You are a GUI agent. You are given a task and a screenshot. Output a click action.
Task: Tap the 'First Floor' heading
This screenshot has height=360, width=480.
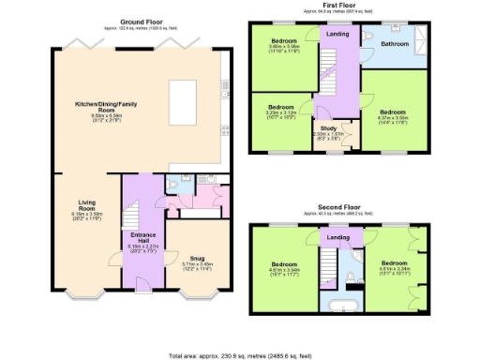[x=340, y=5]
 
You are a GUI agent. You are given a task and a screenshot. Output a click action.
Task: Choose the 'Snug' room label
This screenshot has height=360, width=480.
[x=196, y=257]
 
